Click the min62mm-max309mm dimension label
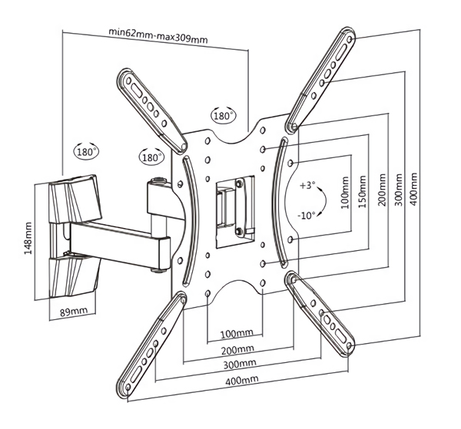click(x=158, y=35)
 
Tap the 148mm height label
click(x=28, y=238)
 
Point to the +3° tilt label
click(x=307, y=185)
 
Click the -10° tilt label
click(x=307, y=216)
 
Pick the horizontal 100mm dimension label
click(x=237, y=333)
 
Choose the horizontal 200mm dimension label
click(x=237, y=349)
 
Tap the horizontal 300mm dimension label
click(x=240, y=364)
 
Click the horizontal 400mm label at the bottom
click(x=242, y=380)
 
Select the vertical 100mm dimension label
click(x=345, y=193)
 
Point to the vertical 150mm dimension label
click(x=362, y=191)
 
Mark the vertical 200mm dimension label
click(x=382, y=190)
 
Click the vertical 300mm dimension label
click(x=398, y=190)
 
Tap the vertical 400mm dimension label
click(x=413, y=189)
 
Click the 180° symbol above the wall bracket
click(x=85, y=151)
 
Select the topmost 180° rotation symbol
click(x=224, y=115)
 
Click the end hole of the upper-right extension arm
click(x=350, y=39)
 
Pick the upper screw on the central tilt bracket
click(x=239, y=183)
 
